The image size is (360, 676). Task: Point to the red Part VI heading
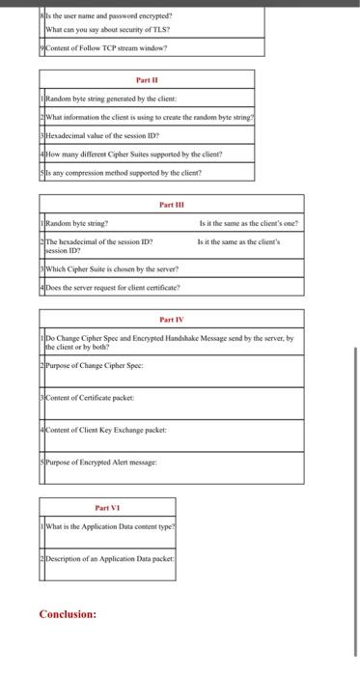coord(106,507)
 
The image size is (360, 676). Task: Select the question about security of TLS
coord(89,28)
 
